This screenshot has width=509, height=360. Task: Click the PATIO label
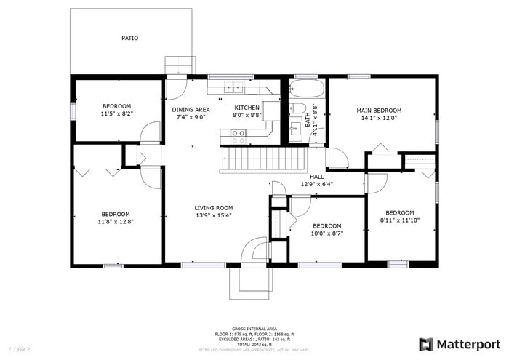click(x=130, y=38)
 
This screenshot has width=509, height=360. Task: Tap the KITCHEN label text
click(x=247, y=108)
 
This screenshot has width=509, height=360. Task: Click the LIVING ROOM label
click(x=214, y=207)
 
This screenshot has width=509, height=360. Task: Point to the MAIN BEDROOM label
click(x=378, y=111)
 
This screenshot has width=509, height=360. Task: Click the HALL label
click(x=316, y=177)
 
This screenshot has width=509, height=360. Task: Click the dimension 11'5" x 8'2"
click(x=116, y=113)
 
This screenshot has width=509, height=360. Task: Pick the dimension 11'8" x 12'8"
click(x=116, y=221)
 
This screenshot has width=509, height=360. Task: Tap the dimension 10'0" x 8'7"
click(x=327, y=233)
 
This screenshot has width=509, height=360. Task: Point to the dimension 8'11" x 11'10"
click(x=399, y=220)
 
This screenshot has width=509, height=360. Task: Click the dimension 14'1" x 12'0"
click(x=378, y=119)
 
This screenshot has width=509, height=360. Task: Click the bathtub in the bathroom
click(x=300, y=91)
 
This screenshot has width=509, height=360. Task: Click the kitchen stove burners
click(x=238, y=133)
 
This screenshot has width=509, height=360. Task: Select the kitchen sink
click(x=233, y=89)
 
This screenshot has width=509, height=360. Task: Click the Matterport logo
click(x=460, y=344)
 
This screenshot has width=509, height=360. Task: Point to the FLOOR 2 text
click(x=19, y=349)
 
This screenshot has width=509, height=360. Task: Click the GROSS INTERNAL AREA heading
click(x=254, y=329)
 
